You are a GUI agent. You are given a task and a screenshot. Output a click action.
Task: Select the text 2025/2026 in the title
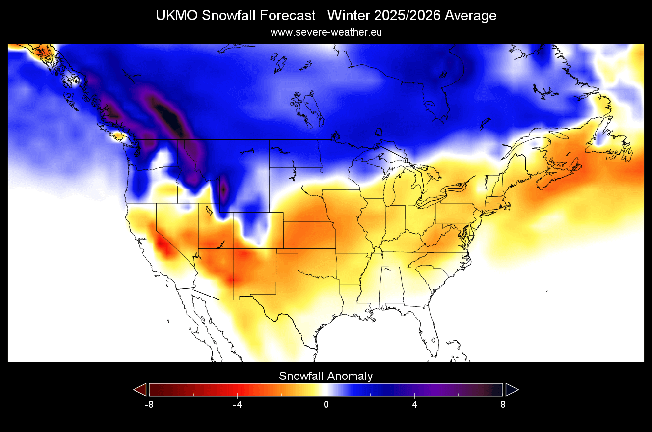pos(407,16)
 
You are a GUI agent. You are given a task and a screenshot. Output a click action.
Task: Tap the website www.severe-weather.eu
pos(326,32)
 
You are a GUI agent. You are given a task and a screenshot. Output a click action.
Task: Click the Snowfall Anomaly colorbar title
pos(326,377)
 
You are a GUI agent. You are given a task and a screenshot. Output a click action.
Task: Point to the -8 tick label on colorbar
pos(149,405)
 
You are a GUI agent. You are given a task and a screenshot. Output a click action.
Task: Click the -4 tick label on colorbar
pos(237,405)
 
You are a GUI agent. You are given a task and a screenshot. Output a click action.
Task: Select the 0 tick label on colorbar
pos(326,405)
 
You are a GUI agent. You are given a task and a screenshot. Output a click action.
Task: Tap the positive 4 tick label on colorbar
pos(414,405)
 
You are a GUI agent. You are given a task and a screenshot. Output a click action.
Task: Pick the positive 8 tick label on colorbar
pos(503,405)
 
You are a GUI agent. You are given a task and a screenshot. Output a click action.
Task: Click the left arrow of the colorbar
pos(140,390)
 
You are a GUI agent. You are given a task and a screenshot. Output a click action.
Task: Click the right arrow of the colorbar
pos(512,390)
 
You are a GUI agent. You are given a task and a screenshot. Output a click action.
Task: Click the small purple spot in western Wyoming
pos(224,189)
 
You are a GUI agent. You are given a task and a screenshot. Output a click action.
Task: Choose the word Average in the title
pos(471,16)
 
